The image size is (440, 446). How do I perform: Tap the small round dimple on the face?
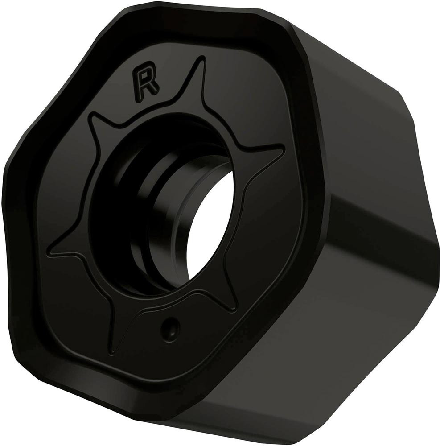tap(170, 327)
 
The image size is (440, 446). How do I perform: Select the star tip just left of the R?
tap(91, 116)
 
